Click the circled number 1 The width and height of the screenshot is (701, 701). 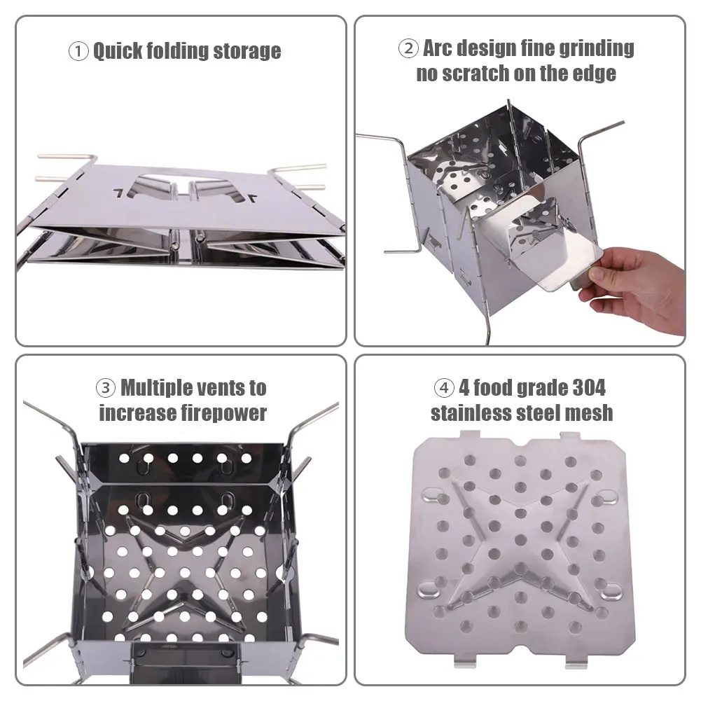click(78, 51)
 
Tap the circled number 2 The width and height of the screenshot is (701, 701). click(408, 48)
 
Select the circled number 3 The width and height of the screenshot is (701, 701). click(106, 387)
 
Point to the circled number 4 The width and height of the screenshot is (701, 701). click(444, 387)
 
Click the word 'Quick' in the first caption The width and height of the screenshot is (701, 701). click(118, 51)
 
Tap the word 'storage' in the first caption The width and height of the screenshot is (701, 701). click(247, 51)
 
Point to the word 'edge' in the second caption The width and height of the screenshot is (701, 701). click(595, 74)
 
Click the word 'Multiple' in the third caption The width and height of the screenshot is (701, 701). click(158, 387)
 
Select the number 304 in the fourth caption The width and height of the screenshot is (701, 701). click(589, 387)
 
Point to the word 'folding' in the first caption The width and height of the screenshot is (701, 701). click(178, 51)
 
